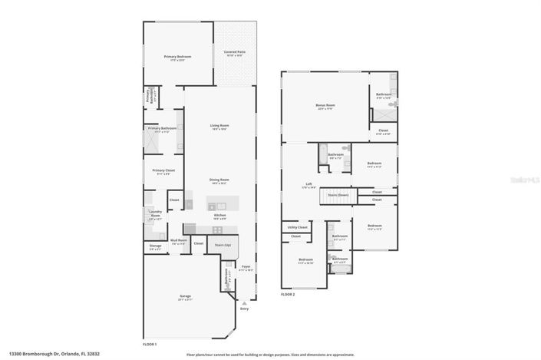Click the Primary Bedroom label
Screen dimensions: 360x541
[177, 57]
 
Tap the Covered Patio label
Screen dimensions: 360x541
[234, 52]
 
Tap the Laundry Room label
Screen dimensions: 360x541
[155, 216]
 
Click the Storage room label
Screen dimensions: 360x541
[155, 247]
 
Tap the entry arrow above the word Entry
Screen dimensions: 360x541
[245, 302]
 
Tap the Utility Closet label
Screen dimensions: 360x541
[298, 227]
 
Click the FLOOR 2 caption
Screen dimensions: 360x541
[288, 294]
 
